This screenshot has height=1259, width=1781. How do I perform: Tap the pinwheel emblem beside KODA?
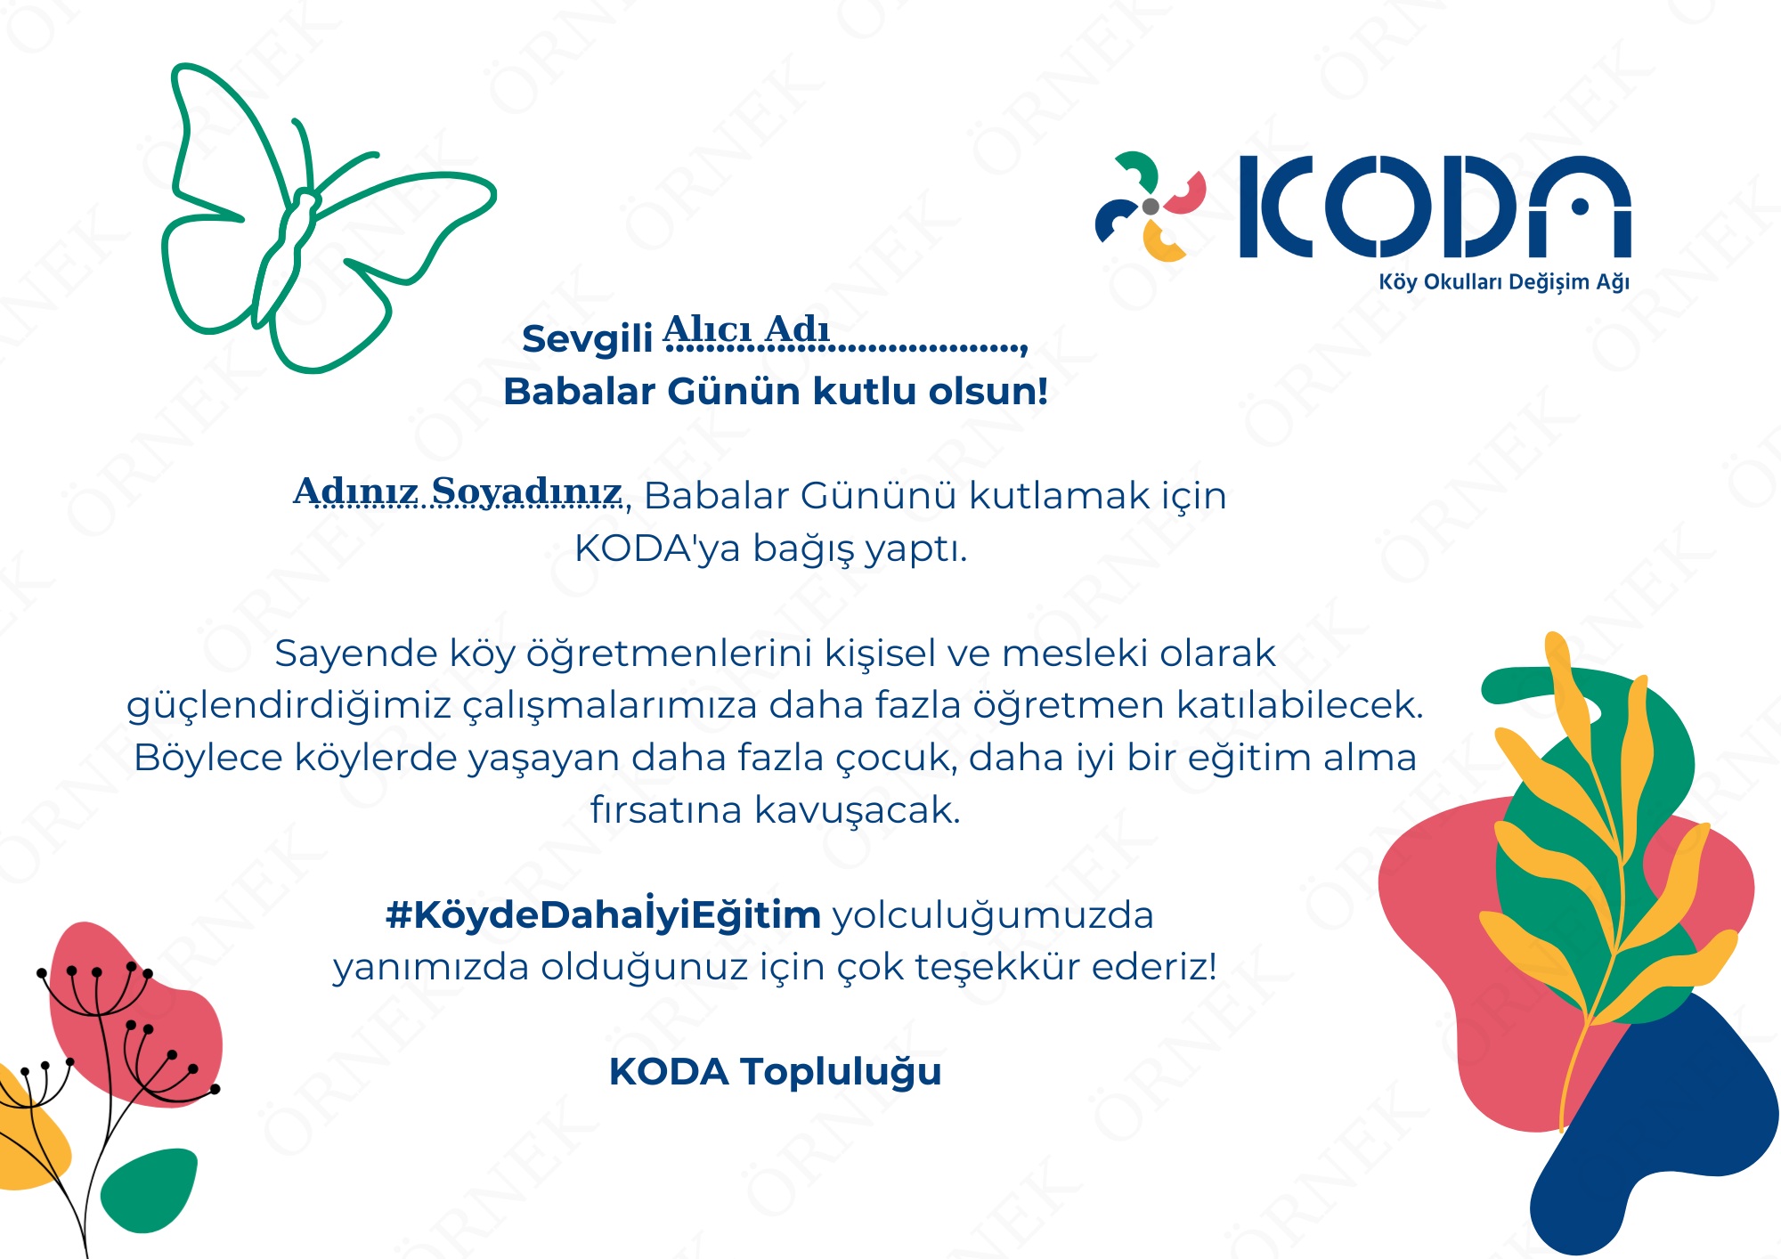(x=1150, y=207)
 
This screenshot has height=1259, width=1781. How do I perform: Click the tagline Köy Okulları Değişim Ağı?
(x=1504, y=282)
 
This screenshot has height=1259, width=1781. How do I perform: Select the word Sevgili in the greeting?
(x=588, y=339)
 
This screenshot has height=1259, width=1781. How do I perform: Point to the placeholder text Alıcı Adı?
(x=746, y=329)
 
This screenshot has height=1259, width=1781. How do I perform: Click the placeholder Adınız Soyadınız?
(x=458, y=491)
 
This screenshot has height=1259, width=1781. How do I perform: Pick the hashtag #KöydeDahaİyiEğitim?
(x=603, y=914)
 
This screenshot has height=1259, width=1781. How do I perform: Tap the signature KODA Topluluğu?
(x=775, y=1072)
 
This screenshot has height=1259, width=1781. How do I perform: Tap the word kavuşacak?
(x=858, y=811)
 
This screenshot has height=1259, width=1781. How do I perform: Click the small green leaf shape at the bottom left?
(x=148, y=1190)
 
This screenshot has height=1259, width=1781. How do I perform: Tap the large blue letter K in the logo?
(x=1276, y=207)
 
